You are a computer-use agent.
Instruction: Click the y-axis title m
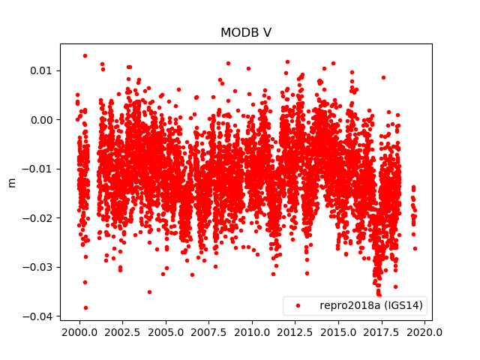[x=11, y=182]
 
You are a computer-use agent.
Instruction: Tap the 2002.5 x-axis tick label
[x=122, y=332]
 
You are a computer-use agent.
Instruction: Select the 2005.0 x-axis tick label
[x=166, y=332]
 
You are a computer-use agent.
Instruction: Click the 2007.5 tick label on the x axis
[x=209, y=332]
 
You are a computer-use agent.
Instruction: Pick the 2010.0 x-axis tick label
[x=252, y=332]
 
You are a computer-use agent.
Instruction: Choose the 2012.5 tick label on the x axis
[x=295, y=332]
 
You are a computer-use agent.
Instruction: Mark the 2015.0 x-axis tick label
[x=339, y=332]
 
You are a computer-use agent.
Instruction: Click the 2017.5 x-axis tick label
[x=382, y=332]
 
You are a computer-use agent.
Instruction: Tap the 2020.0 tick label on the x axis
[x=425, y=332]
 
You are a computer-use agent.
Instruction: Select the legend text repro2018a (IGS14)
[x=370, y=306]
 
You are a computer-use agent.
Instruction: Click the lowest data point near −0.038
[x=85, y=307]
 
